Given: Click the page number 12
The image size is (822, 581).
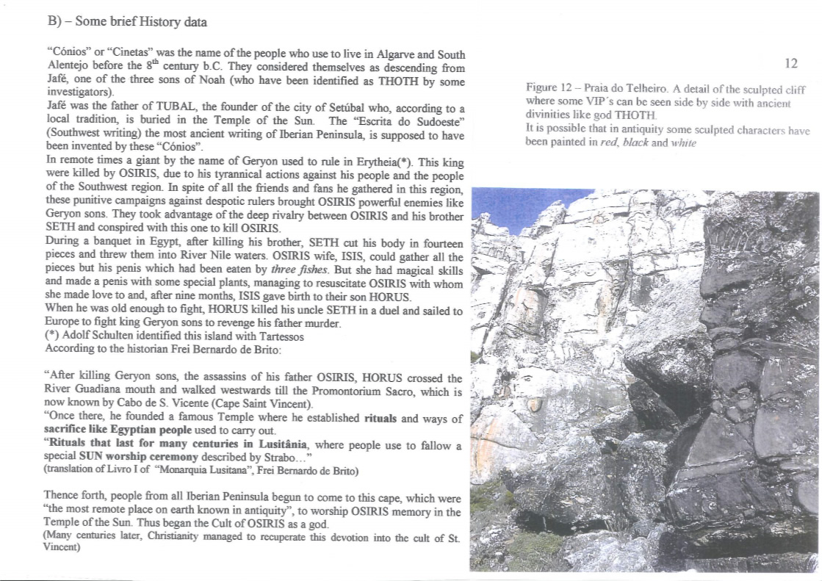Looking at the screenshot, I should [x=790, y=64].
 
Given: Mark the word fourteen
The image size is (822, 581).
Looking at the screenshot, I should [x=439, y=243].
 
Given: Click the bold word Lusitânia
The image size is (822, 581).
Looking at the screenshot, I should [x=280, y=445].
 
